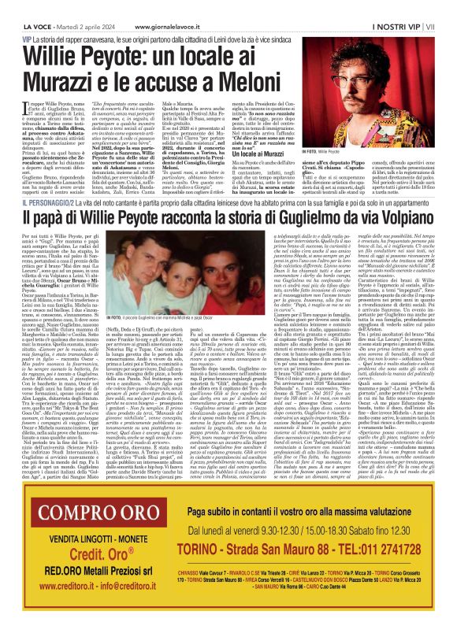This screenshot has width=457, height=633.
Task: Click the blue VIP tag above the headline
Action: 28,38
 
